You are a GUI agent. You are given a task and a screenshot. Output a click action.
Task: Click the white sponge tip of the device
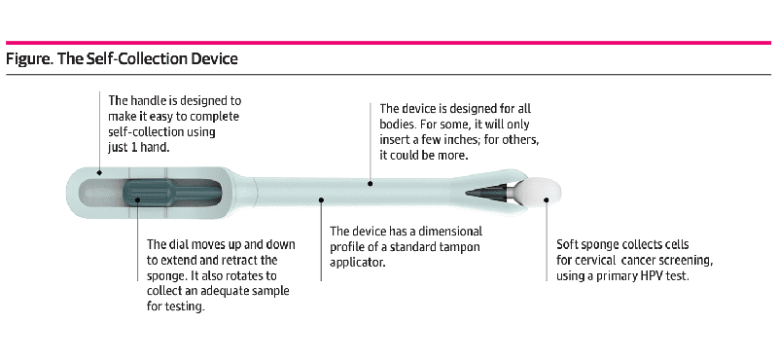click(539, 192)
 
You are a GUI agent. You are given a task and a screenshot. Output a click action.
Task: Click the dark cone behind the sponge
click(487, 193)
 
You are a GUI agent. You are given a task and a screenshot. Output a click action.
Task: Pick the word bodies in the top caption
click(400, 124)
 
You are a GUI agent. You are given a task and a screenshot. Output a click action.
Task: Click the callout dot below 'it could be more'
click(369, 181)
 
